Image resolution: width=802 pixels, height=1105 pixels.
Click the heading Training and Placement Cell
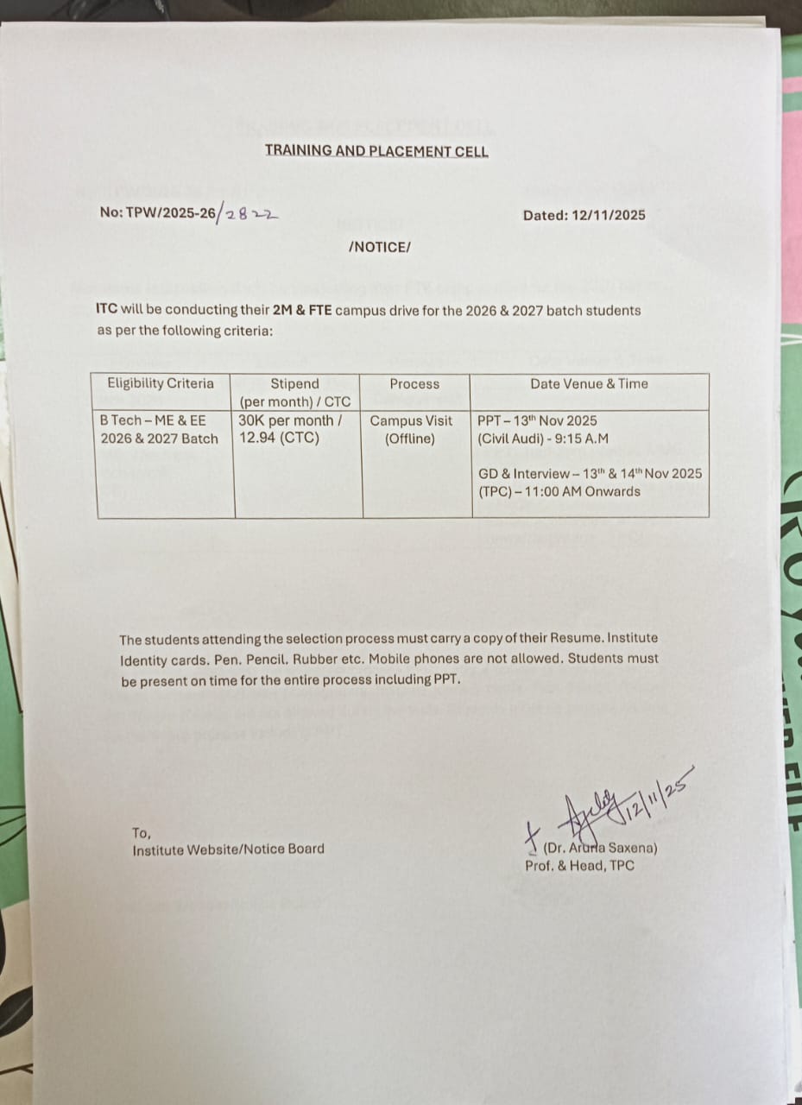pos(376,151)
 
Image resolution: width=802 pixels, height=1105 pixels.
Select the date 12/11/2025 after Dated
pos(608,215)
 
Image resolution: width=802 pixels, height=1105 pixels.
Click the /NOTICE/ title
pos(380,247)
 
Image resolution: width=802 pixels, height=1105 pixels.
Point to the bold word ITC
pos(108,310)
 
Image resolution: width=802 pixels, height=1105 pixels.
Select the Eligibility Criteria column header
pos(161,383)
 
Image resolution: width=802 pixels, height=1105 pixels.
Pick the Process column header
pos(414,383)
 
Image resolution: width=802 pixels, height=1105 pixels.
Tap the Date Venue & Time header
pos(590,383)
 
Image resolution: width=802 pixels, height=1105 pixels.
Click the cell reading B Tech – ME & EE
pos(154,420)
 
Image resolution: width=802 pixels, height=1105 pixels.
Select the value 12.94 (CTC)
pos(279,439)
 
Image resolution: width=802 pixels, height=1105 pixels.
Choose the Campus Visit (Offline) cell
pos(411,429)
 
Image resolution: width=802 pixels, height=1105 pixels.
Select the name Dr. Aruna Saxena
pos(601,848)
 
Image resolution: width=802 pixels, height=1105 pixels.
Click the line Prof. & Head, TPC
pos(579,865)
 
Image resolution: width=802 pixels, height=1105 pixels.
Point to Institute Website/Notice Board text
pos(229,849)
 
